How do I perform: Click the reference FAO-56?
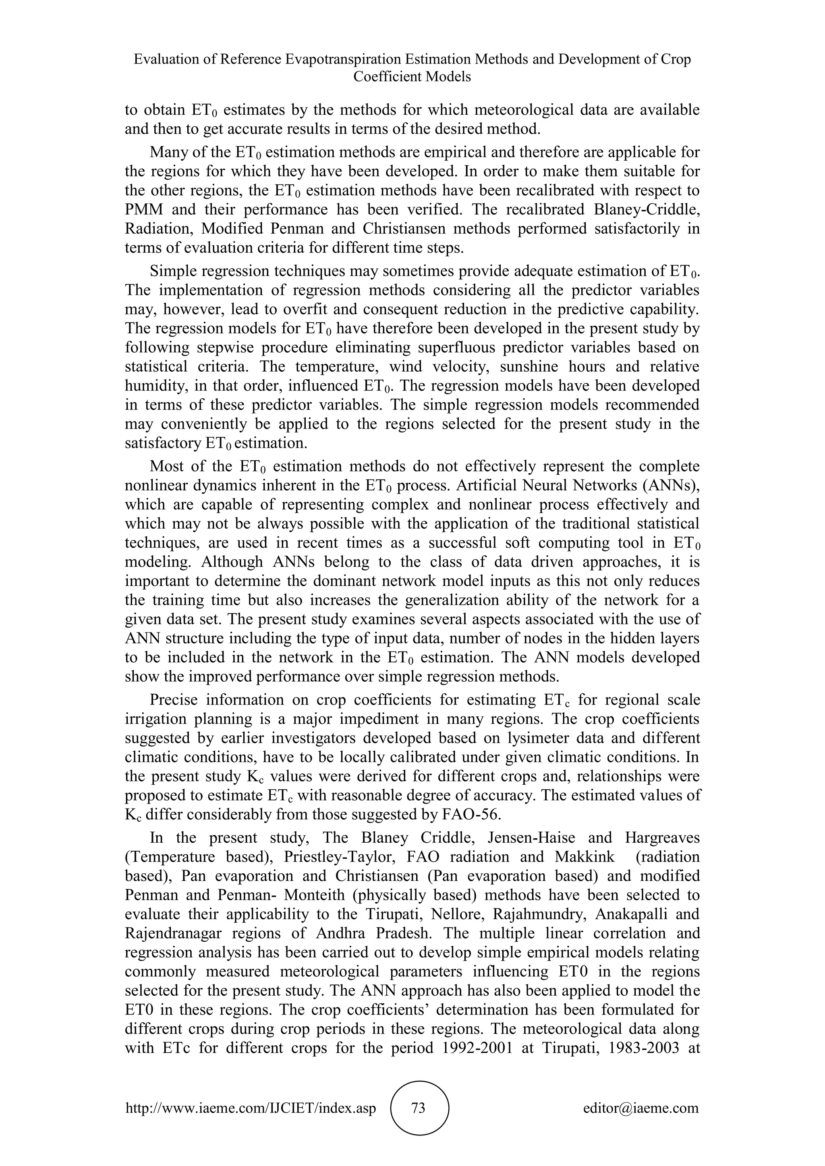pyautogui.click(x=468, y=815)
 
